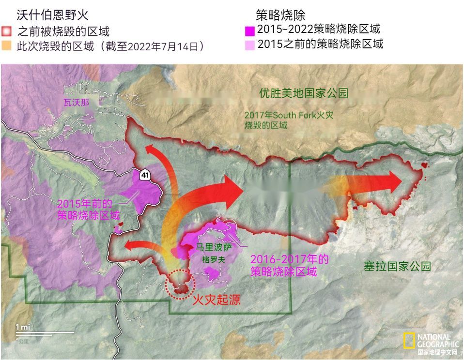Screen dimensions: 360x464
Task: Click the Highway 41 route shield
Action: (145, 175)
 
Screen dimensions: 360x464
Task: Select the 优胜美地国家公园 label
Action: (304, 93)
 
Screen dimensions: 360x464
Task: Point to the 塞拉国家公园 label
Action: (397, 266)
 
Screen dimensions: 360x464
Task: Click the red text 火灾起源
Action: (217, 300)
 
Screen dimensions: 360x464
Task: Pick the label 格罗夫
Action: (214, 259)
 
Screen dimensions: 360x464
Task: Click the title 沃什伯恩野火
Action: (53, 15)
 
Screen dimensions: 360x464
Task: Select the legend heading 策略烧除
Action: (280, 15)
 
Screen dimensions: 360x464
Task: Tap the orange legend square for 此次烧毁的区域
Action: (6, 46)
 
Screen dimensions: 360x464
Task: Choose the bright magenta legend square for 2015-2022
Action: (250, 30)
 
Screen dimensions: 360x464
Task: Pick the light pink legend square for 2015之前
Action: (250, 45)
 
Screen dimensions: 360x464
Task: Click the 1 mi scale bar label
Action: (22, 327)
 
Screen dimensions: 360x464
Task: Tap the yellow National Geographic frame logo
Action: (409, 341)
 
